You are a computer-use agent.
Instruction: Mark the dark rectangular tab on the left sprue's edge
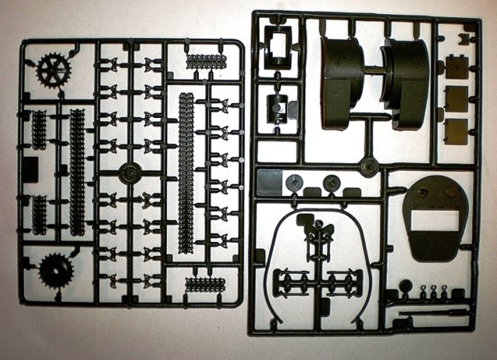pos(30,168)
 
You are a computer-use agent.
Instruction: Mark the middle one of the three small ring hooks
pos(425,293)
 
